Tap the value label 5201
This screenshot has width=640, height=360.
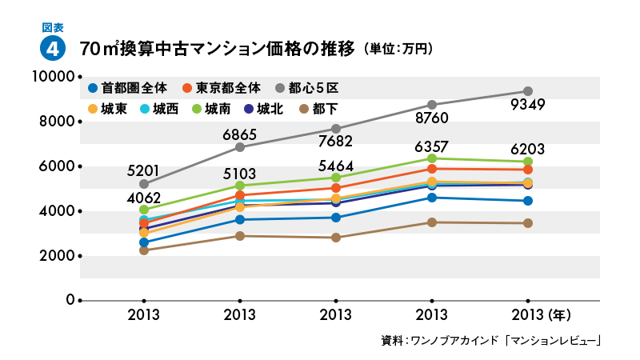[x=144, y=170]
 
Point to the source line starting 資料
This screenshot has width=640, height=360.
[x=491, y=341]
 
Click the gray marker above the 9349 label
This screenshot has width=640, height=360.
[x=527, y=91]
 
